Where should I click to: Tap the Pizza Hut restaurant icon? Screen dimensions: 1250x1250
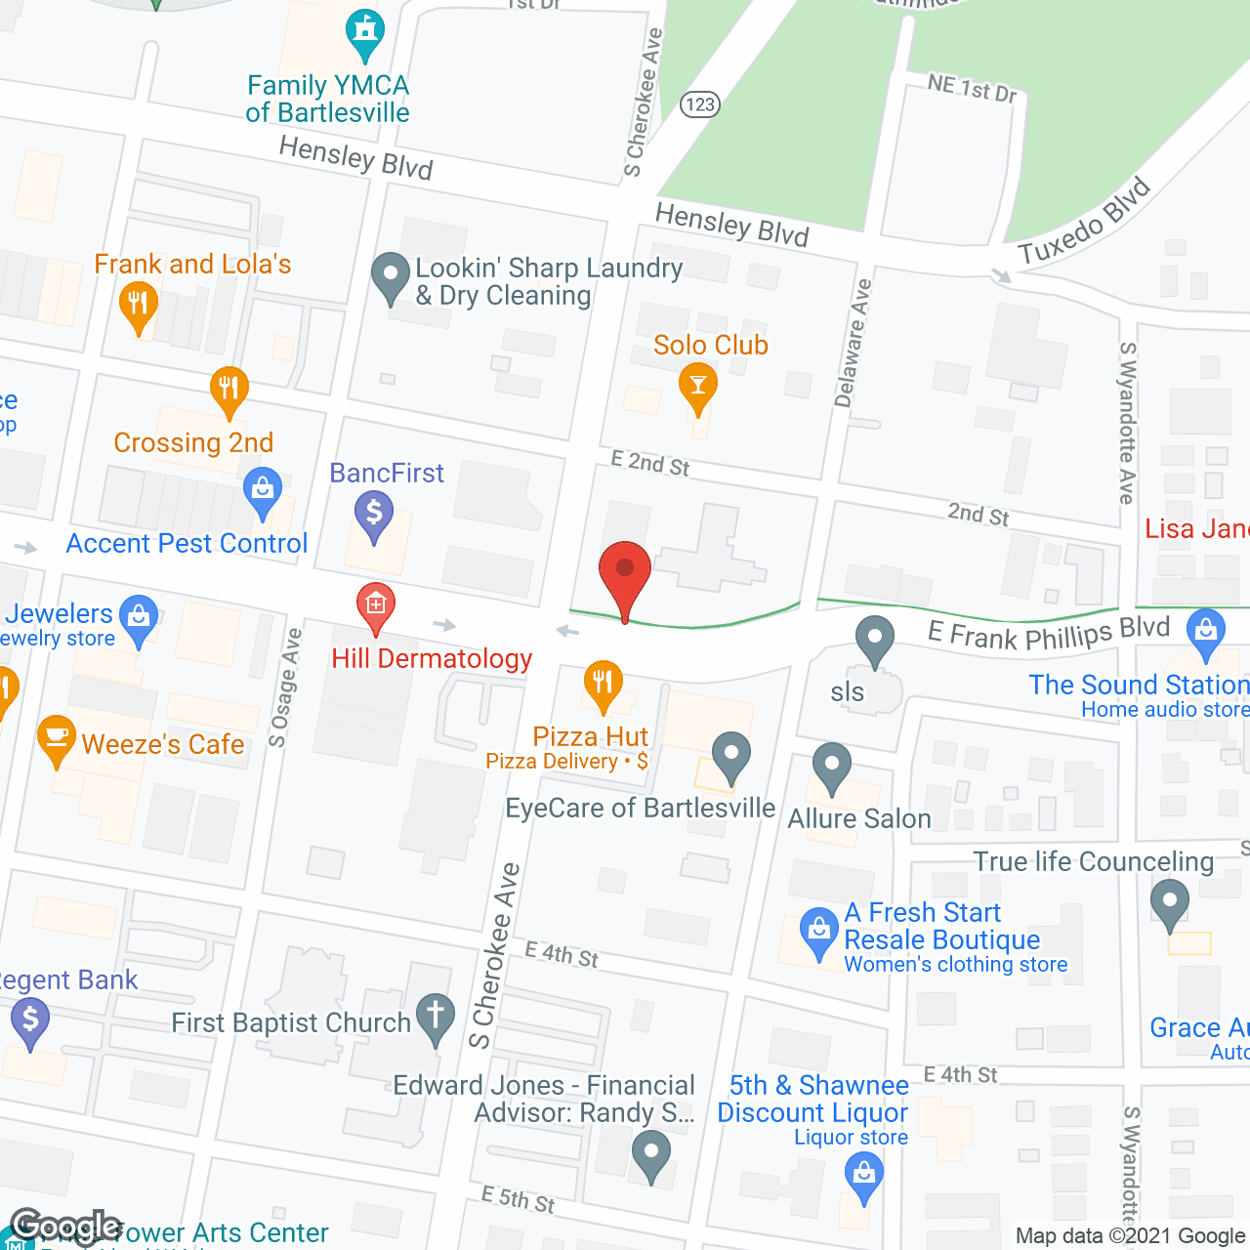(603, 686)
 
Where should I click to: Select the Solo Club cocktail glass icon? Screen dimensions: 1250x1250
(697, 387)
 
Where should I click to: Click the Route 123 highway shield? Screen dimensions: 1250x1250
(700, 104)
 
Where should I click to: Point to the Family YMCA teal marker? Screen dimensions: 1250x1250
(365, 34)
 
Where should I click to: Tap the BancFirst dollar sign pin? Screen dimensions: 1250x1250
(373, 514)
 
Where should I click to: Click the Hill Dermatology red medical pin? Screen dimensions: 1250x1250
(375, 607)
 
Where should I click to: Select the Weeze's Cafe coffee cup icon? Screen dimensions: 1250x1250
(56, 739)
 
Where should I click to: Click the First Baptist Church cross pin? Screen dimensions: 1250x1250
(436, 1018)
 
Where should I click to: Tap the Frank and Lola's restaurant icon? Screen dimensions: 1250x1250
(138, 306)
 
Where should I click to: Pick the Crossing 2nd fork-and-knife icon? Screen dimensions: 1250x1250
(229, 391)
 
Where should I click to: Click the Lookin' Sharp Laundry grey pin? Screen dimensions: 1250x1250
(391, 277)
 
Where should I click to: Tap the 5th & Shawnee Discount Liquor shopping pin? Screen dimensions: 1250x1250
(863, 1175)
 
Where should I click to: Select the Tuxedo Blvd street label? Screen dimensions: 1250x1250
(1085, 223)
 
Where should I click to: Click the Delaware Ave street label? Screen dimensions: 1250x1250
(853, 343)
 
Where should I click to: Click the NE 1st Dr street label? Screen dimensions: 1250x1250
(972, 89)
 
